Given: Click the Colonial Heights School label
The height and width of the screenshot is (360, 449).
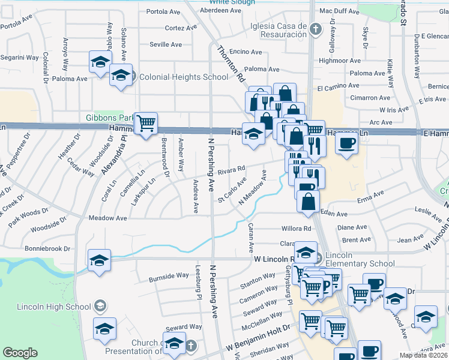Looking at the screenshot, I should (180, 77).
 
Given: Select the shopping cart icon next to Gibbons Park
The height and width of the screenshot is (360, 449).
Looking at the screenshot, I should (146, 124).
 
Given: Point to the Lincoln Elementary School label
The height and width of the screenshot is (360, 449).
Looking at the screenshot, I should (357, 263).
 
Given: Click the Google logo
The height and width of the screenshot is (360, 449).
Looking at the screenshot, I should (20, 353).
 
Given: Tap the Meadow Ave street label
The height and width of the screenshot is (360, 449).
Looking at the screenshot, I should (107, 218).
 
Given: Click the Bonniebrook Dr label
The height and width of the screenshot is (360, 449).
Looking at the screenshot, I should (47, 248).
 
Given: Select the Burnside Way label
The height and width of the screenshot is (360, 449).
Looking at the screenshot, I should (169, 277).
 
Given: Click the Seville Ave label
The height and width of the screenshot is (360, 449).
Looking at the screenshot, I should (166, 44).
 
